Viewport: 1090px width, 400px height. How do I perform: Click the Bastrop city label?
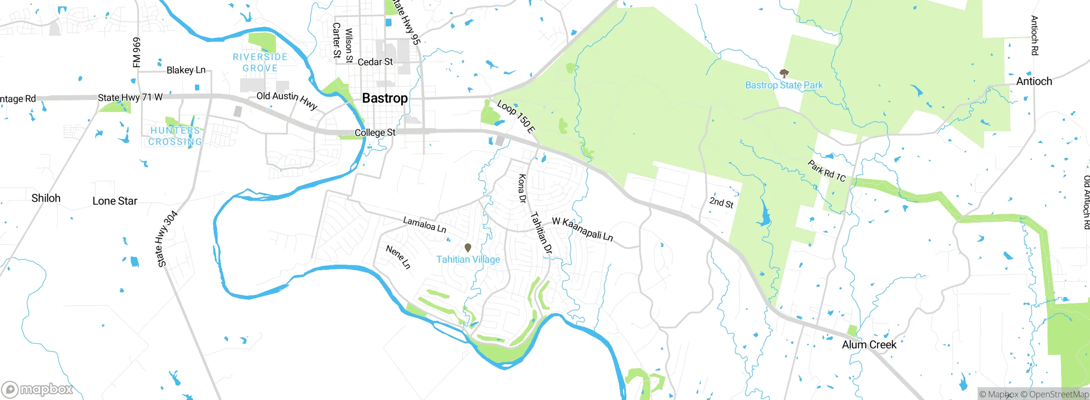pos(385,98)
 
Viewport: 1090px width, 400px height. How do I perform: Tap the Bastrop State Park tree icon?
pos(783,73)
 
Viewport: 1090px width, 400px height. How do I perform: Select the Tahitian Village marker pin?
pos(468,248)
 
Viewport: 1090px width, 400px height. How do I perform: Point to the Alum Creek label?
pos(869,345)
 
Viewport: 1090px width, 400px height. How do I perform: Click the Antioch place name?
pos(1034,81)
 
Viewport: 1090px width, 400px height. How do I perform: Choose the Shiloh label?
pos(46,198)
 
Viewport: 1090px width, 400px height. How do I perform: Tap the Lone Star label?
pos(115,201)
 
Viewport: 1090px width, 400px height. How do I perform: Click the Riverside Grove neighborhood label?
pos(260,63)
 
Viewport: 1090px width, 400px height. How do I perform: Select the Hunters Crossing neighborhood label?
pos(175,136)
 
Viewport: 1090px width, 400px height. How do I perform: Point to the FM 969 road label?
pos(136,52)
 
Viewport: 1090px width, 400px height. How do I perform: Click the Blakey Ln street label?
pos(186,70)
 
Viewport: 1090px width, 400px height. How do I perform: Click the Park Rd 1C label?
pos(826,171)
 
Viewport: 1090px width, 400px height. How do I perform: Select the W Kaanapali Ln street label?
pos(582,229)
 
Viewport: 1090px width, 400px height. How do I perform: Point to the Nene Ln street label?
pos(398,257)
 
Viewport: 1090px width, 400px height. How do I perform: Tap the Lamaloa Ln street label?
pos(425,225)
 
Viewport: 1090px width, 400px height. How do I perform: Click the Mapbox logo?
pos(37,389)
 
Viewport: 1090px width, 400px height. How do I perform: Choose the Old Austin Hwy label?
pos(287,100)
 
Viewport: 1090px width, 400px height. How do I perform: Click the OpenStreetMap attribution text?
pos(1058,394)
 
